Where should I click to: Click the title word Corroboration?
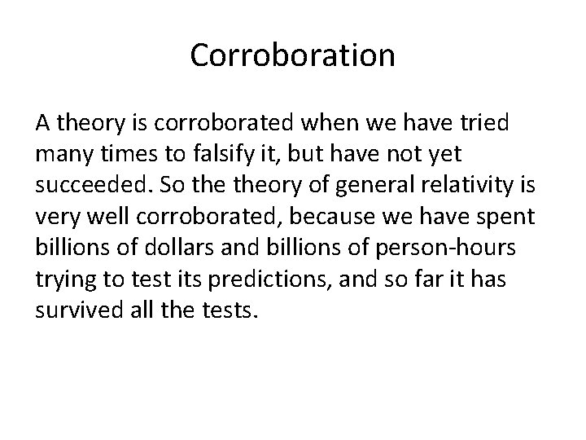(293, 55)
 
